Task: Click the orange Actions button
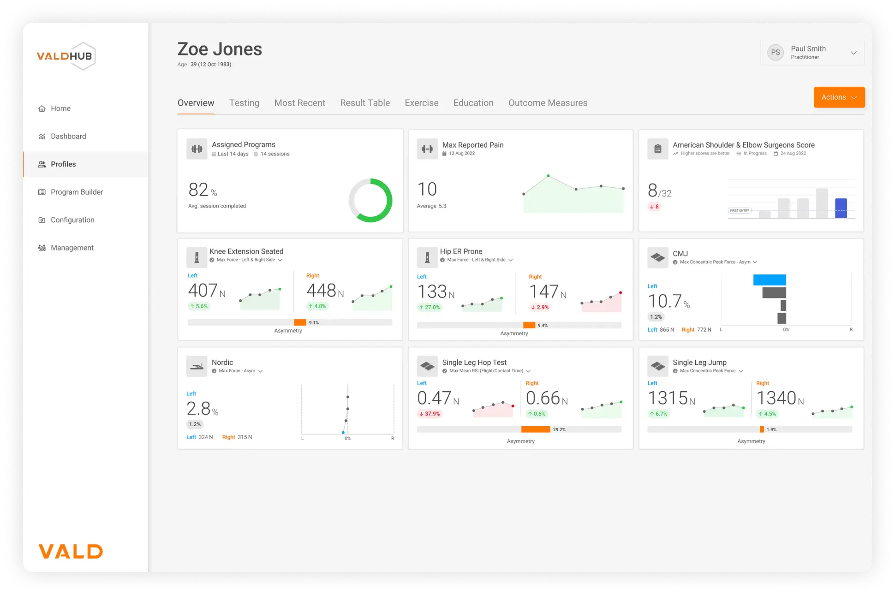pyautogui.click(x=839, y=97)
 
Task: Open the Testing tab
pyautogui.click(x=244, y=103)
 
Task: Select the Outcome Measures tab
pyautogui.click(x=548, y=103)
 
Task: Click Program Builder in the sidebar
pyautogui.click(x=77, y=192)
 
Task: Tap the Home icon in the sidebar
pyautogui.click(x=42, y=109)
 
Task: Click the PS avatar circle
pyautogui.click(x=776, y=53)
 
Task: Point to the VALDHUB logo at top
pyautogui.click(x=66, y=56)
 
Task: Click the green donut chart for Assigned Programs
pyautogui.click(x=370, y=200)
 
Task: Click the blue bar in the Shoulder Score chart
pyautogui.click(x=841, y=208)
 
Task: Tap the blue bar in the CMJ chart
pyautogui.click(x=770, y=280)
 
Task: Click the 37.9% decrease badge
pyautogui.click(x=430, y=414)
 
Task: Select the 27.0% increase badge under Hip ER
pyautogui.click(x=430, y=307)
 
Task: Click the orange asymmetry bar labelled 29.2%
pyautogui.click(x=535, y=429)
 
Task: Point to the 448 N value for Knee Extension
pyautogui.click(x=325, y=291)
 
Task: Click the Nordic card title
pyautogui.click(x=222, y=363)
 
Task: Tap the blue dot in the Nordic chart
pyautogui.click(x=343, y=433)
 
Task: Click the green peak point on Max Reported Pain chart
pyautogui.click(x=548, y=176)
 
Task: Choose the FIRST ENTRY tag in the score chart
pyautogui.click(x=739, y=210)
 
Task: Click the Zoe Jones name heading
pyautogui.click(x=220, y=49)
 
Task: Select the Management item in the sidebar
pyautogui.click(x=72, y=248)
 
